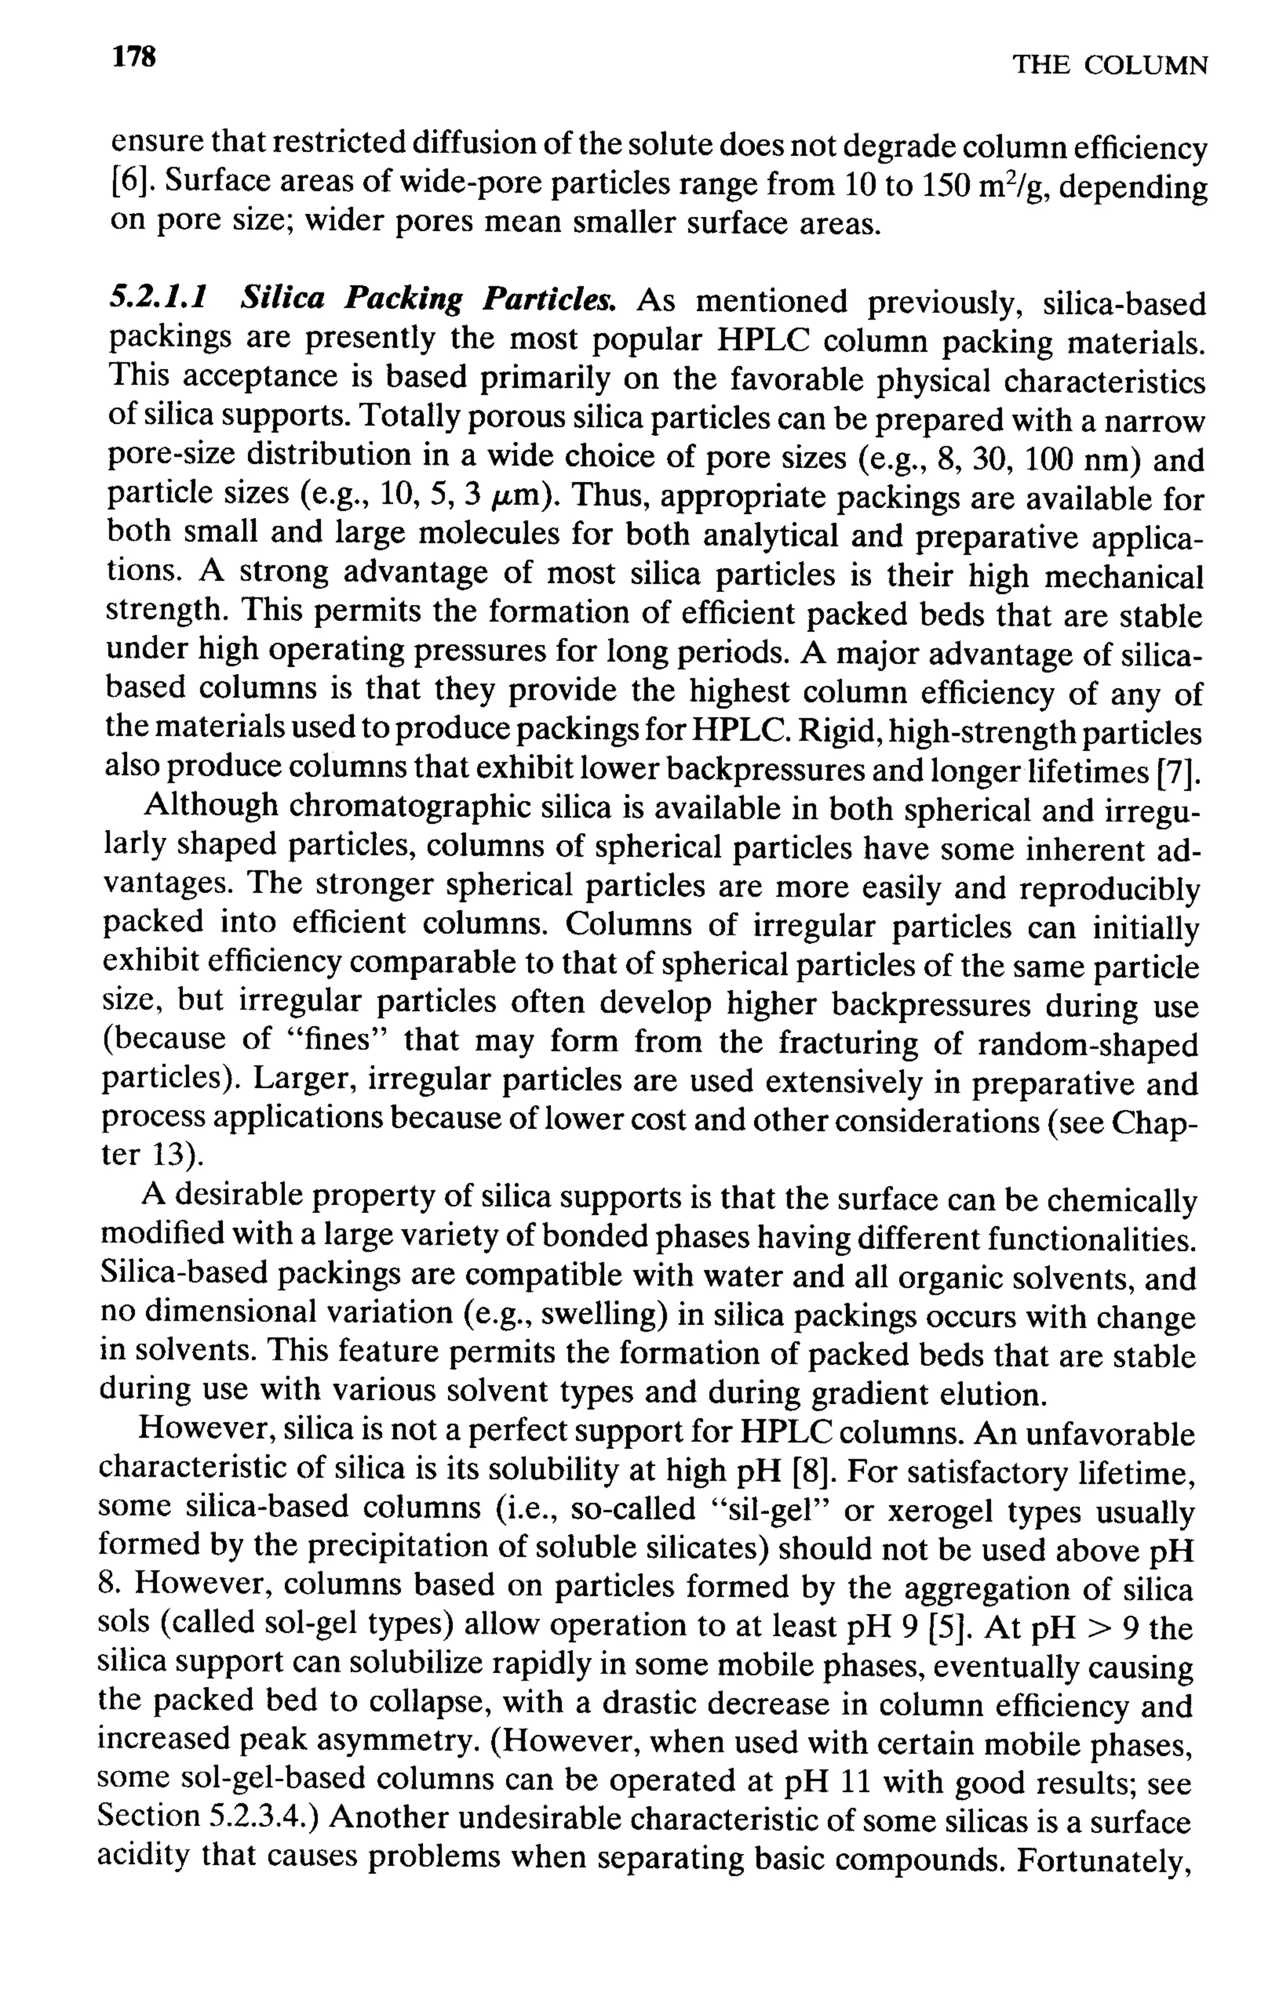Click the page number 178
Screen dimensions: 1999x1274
pyautogui.click(x=134, y=57)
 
